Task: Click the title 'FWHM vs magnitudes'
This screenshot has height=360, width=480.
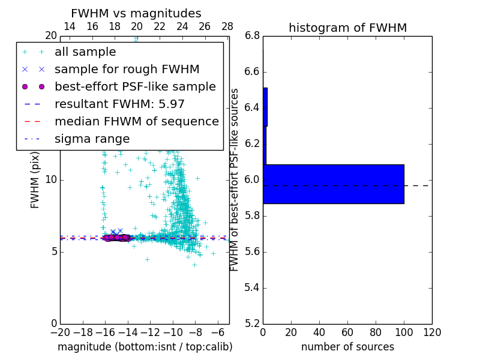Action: click(136, 14)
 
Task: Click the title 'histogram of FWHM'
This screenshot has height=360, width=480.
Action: click(347, 28)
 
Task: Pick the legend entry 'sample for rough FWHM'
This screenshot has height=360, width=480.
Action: click(127, 70)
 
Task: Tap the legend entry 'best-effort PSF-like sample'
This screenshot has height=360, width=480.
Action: click(135, 87)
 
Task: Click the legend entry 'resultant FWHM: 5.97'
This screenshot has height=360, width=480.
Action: click(119, 104)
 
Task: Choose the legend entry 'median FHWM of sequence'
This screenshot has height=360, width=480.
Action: click(137, 122)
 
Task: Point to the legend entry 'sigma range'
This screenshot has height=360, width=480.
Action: click(92, 139)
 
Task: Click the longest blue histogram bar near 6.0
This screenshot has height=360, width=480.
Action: click(333, 184)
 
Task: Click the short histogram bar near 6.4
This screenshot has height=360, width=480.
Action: click(265, 107)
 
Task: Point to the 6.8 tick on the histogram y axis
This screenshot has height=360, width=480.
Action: click(252, 36)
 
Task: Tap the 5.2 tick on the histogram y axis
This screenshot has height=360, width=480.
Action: click(252, 323)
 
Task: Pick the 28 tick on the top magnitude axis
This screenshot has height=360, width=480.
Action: click(227, 27)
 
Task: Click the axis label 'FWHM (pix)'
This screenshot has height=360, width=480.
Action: click(35, 180)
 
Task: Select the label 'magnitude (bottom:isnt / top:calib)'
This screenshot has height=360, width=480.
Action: click(145, 347)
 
